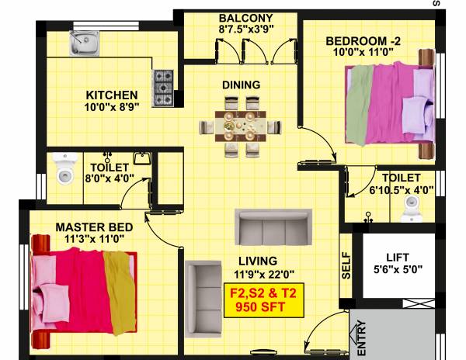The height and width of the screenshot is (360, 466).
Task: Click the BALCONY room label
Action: coord(245,18)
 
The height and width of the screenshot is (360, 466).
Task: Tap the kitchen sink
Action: coord(83,45)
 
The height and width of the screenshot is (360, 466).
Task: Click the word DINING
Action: coord(240,85)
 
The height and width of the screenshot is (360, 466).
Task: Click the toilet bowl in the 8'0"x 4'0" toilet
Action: coord(63,168)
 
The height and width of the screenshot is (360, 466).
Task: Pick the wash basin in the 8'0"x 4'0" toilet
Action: coord(141,159)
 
